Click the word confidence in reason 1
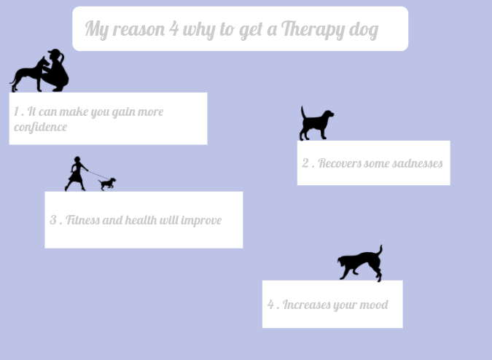40,127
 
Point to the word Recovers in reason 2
340,163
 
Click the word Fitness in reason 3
82,220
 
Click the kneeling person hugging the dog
56,71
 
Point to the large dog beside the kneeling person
27,74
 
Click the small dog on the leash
108,183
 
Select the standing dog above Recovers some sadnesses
316,123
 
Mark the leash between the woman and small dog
95,175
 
